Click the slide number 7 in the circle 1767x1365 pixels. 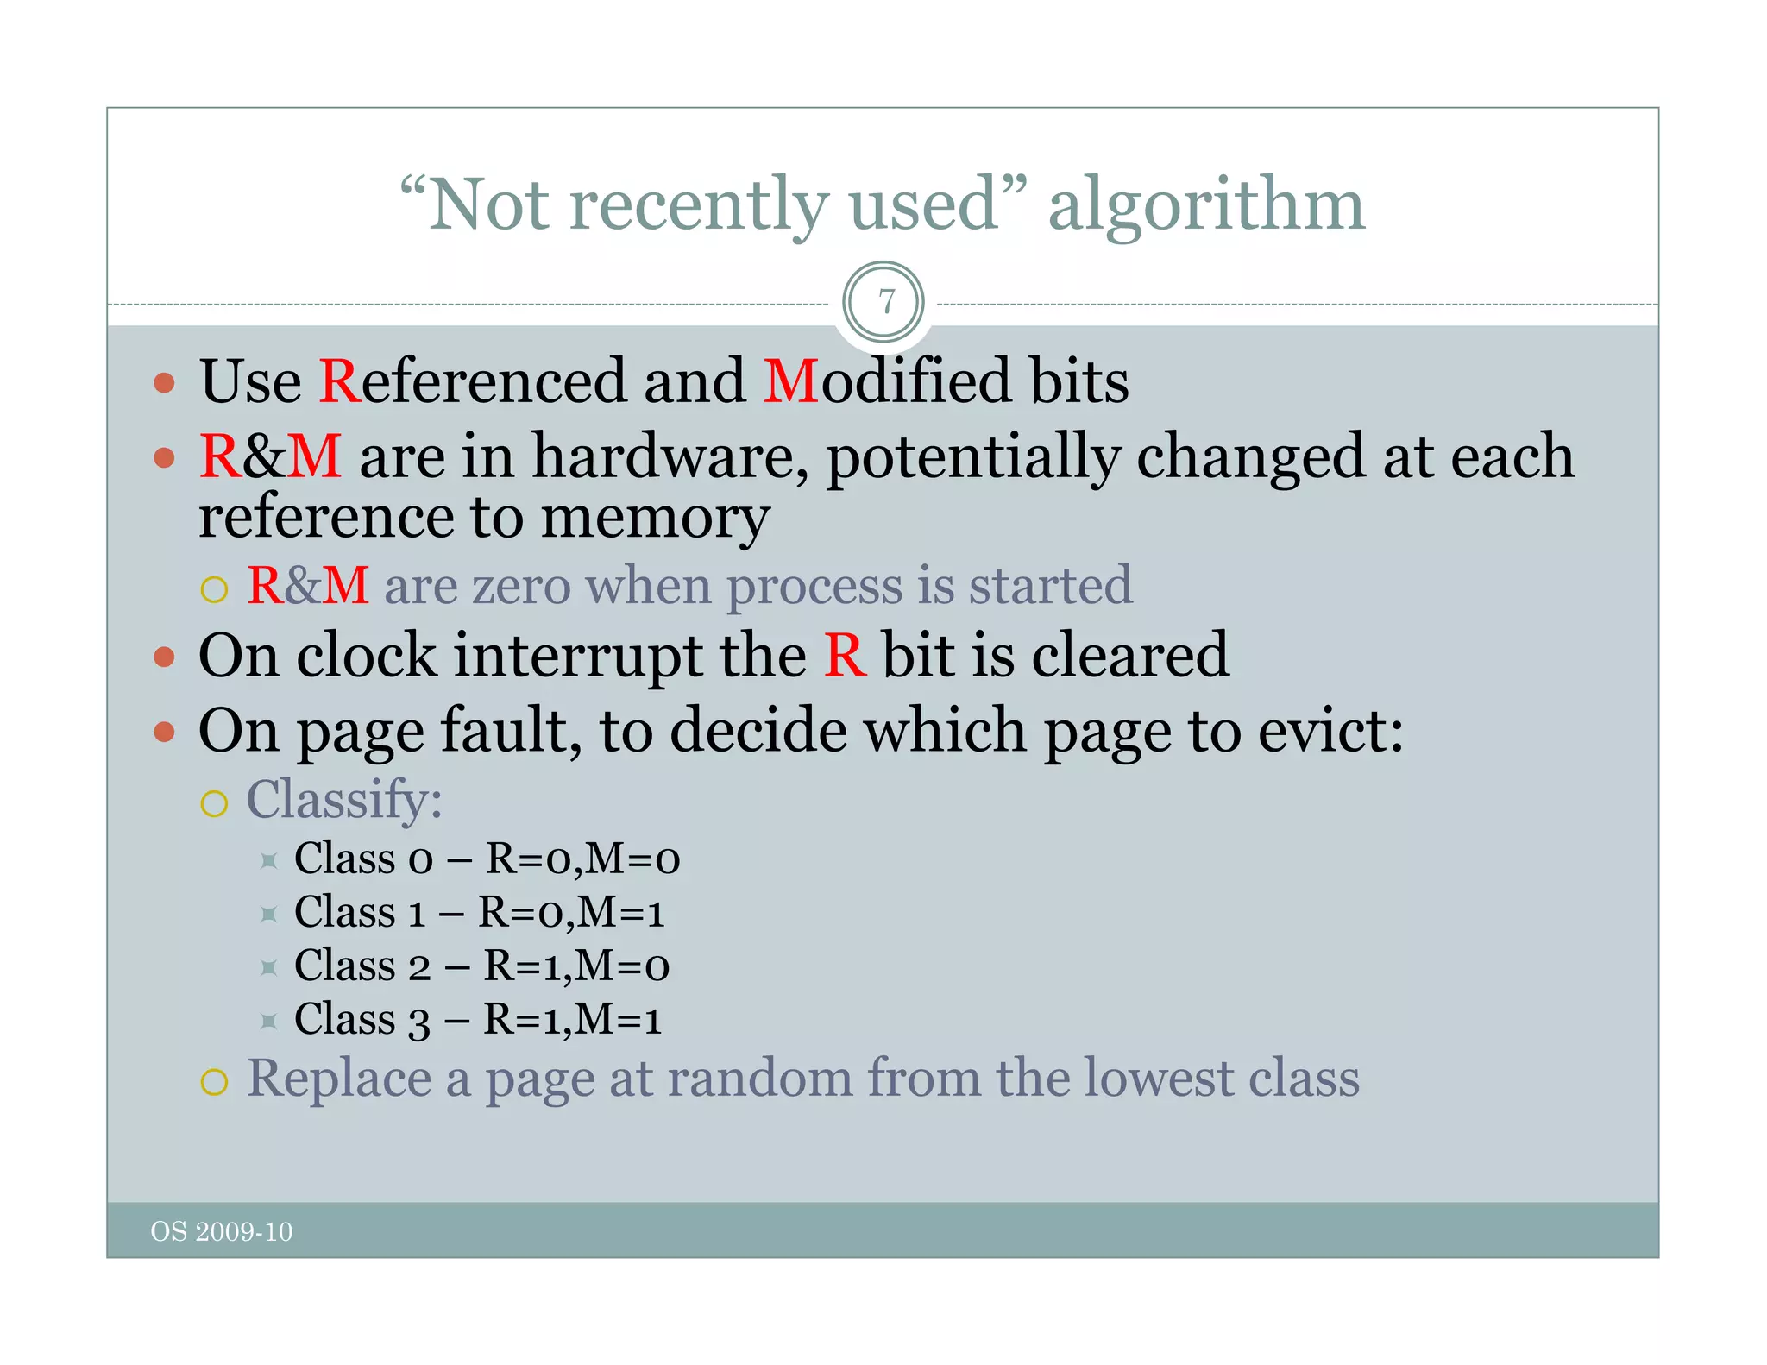click(x=885, y=302)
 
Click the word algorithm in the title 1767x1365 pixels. click(x=1206, y=205)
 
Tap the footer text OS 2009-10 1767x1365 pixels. click(x=222, y=1231)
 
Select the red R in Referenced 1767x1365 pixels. click(x=339, y=381)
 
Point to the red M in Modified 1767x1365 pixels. click(x=790, y=381)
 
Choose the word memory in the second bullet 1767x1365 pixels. click(x=655, y=519)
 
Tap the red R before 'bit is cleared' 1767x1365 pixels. click(x=844, y=656)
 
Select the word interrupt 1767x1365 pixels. click(x=577, y=656)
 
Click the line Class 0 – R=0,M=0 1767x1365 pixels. click(x=487, y=859)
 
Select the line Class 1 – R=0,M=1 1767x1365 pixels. click(x=480, y=913)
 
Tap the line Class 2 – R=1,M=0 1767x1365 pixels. click(x=481, y=966)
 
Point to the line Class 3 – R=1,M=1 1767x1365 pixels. click(x=478, y=1020)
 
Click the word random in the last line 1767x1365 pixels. click(x=759, y=1079)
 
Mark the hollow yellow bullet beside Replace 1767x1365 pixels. click(x=214, y=1082)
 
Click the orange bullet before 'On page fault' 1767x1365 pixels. click(x=164, y=733)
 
